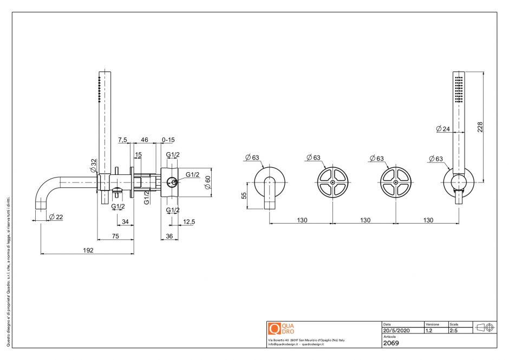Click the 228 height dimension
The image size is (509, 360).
[x=480, y=126]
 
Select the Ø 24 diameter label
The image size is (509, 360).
[x=442, y=129]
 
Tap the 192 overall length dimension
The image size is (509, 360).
[x=88, y=250]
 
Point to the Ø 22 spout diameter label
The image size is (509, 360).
[x=55, y=217]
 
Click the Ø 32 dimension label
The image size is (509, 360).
[x=94, y=164]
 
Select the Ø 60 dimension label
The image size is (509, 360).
[x=207, y=182]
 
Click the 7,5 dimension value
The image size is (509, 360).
[x=123, y=140]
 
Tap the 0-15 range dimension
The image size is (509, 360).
[x=168, y=140]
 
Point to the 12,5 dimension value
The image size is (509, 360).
[x=189, y=221]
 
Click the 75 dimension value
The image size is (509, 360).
[x=115, y=235]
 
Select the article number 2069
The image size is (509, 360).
[x=391, y=343]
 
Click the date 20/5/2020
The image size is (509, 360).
[x=397, y=330]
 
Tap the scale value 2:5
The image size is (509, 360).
[x=454, y=330]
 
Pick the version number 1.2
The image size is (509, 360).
[x=429, y=330]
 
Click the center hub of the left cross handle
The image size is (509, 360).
[x=332, y=182]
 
